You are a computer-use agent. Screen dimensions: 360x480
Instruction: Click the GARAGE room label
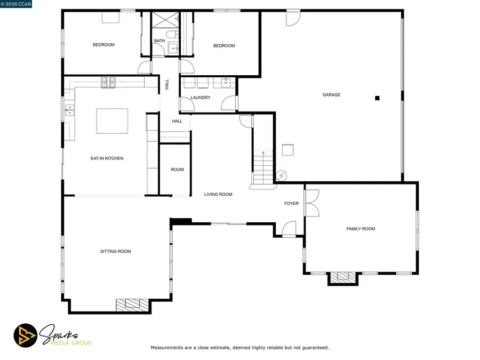click(x=331, y=95)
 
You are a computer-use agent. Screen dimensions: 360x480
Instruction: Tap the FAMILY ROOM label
click(x=361, y=229)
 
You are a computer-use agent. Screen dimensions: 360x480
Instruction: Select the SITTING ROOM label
click(x=116, y=251)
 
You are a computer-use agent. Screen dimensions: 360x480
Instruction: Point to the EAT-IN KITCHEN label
click(x=107, y=158)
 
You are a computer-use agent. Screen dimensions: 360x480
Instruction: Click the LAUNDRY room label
click(x=201, y=98)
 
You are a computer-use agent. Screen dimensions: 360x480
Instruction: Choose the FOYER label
click(x=291, y=203)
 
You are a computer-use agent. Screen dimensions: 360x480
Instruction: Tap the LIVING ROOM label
click(x=218, y=194)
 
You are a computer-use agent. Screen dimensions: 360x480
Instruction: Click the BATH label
click(x=159, y=41)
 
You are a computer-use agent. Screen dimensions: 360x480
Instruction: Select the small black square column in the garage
click(x=377, y=98)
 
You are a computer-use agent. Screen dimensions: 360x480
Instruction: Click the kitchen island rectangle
click(x=112, y=121)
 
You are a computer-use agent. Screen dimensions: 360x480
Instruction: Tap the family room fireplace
click(x=342, y=277)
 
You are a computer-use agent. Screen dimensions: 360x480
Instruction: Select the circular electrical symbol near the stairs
click(x=282, y=175)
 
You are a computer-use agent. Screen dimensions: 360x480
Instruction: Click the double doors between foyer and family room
click(x=312, y=203)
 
